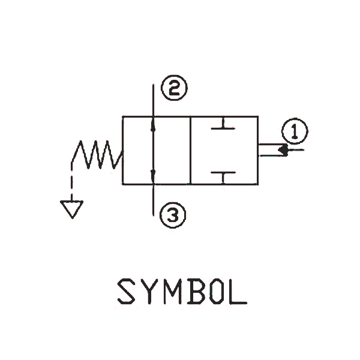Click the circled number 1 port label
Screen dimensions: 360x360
[x=294, y=131]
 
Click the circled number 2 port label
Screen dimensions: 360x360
[x=173, y=90]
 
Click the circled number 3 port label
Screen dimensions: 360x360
[x=173, y=214]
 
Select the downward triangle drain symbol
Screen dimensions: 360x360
[x=71, y=209]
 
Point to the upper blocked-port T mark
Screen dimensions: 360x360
[x=223, y=126]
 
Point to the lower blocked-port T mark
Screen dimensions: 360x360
[x=223, y=176]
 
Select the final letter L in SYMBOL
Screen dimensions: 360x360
[x=239, y=292]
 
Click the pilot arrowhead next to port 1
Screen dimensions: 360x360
[x=283, y=150]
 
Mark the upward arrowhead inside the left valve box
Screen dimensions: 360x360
[x=154, y=127]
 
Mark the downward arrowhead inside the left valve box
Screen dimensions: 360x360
[x=154, y=175]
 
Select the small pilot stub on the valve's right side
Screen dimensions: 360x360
[x=267, y=150]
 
